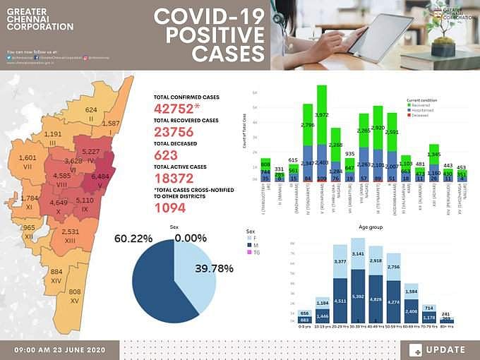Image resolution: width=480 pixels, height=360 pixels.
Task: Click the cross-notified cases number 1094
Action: click(170, 208)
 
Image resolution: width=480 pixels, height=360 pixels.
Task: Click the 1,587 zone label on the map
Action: click(111, 124)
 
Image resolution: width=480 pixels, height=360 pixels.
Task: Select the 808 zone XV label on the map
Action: click(75, 292)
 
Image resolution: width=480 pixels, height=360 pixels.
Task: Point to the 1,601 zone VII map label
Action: click(28, 157)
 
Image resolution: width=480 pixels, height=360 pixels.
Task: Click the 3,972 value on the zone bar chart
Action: click(322, 114)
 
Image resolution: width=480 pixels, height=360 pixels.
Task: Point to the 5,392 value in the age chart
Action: click(359, 287)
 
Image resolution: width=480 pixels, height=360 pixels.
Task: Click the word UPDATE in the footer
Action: click(445, 349)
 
